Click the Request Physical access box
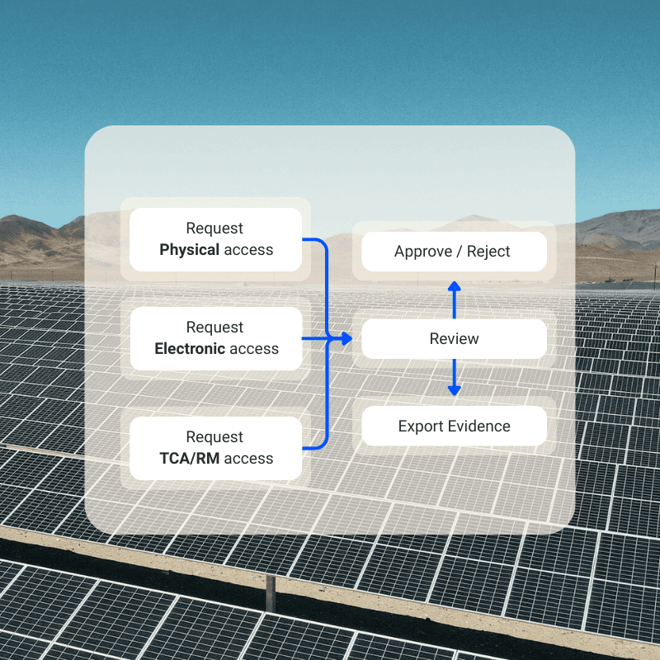tap(216, 239)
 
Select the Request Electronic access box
tap(216, 338)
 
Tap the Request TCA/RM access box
tap(216, 448)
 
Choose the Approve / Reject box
tap(454, 252)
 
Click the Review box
tap(454, 339)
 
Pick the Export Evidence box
tap(454, 427)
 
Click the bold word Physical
tap(189, 250)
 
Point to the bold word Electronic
tap(190, 349)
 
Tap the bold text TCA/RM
tap(189, 459)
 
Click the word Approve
tap(422, 252)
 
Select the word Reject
tap(489, 252)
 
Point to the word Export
tap(421, 427)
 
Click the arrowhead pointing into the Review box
tap(347, 339)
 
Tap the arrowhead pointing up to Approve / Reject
tap(454, 286)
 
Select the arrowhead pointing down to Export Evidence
tap(454, 390)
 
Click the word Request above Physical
tap(214, 229)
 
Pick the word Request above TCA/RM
tap(214, 437)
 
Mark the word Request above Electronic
tap(214, 328)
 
